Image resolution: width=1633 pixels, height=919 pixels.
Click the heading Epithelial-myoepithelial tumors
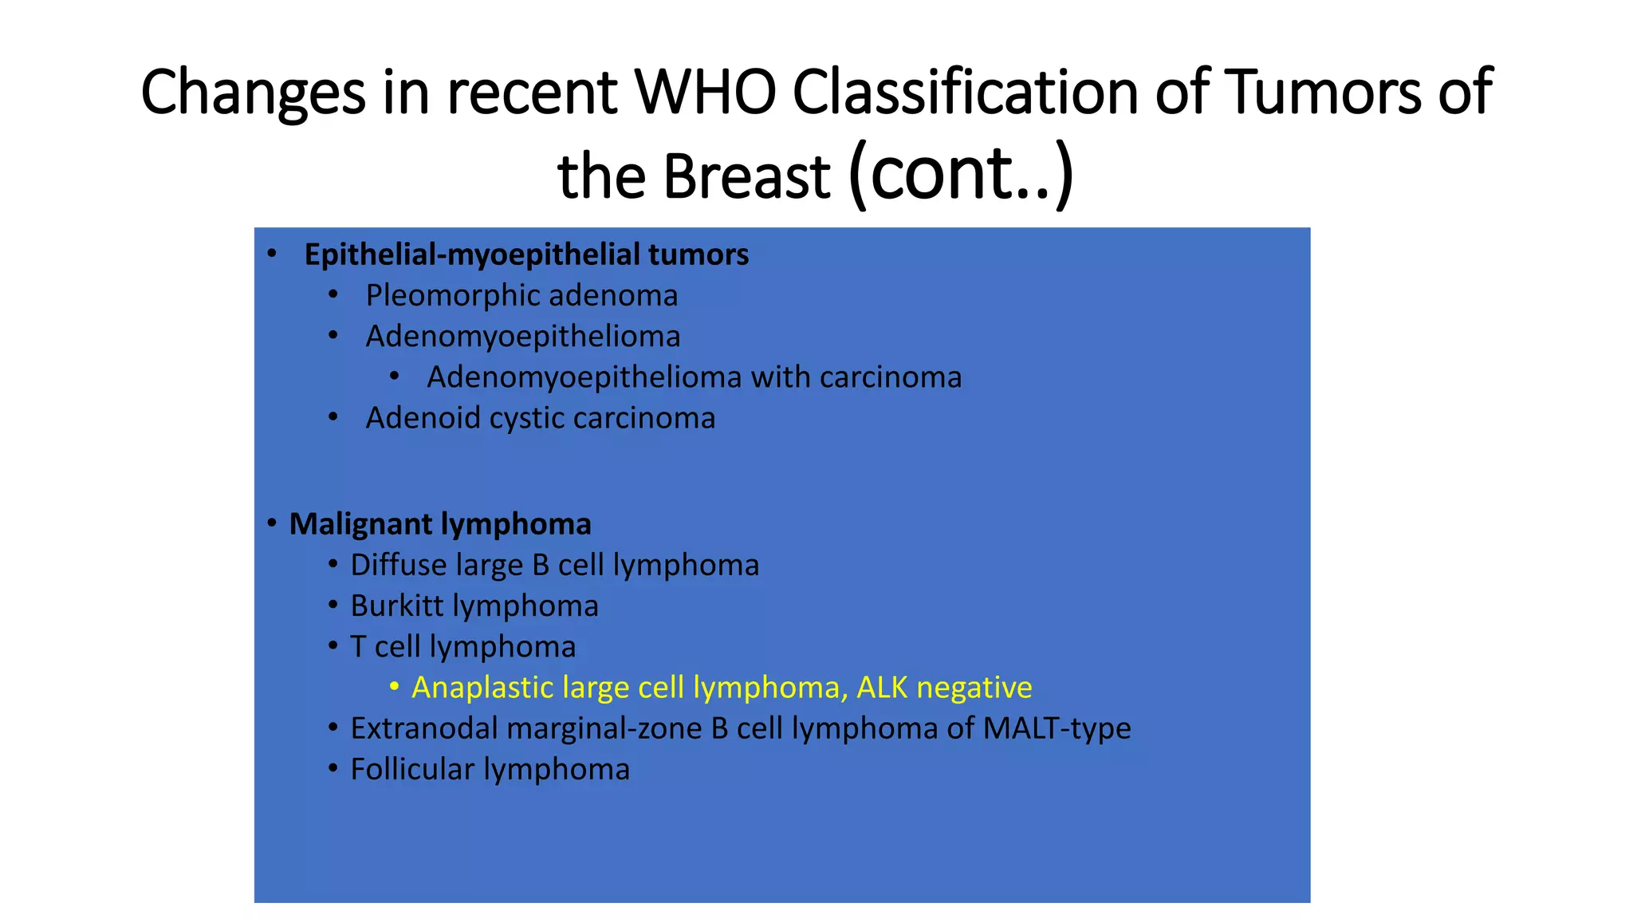click(526, 254)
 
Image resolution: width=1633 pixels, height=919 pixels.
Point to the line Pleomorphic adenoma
click(521, 295)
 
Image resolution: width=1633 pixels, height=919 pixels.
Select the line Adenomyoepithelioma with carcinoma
click(694, 377)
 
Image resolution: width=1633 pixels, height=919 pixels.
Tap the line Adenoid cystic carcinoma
click(540, 418)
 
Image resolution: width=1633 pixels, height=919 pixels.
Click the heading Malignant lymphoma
click(440, 524)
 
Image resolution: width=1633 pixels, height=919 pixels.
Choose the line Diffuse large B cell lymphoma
click(554, 565)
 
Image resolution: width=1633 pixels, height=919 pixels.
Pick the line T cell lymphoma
click(462, 646)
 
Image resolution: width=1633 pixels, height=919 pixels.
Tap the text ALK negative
click(944, 687)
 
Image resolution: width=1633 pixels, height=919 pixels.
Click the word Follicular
click(412, 769)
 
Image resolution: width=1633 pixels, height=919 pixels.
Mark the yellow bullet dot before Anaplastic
click(394, 686)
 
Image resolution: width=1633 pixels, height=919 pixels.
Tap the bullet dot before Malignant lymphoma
click(272, 523)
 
